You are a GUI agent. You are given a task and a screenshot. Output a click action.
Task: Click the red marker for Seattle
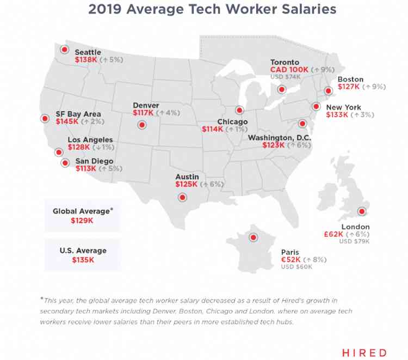pyautogui.click(x=64, y=50)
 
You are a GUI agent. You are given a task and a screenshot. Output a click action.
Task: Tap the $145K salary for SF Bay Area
pyautogui.click(x=67, y=121)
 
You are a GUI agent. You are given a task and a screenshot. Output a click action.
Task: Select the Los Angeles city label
pyautogui.click(x=90, y=140)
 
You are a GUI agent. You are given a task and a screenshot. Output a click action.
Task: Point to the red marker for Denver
pyautogui.click(x=142, y=125)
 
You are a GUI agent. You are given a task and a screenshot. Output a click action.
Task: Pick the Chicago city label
pyautogui.click(x=232, y=121)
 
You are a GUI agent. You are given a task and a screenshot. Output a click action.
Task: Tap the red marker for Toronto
pyautogui.click(x=281, y=89)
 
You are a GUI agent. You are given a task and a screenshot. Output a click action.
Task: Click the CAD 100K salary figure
pyautogui.click(x=289, y=70)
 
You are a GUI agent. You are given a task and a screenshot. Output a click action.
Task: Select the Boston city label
pyautogui.click(x=350, y=80)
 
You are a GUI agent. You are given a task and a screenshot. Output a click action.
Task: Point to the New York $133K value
pyautogui.click(x=337, y=115)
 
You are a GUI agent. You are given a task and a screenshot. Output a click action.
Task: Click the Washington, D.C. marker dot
pyautogui.click(x=303, y=124)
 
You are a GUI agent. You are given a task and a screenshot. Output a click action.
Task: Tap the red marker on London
pyautogui.click(x=360, y=212)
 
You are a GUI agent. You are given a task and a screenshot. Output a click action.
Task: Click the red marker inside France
pyautogui.click(x=252, y=237)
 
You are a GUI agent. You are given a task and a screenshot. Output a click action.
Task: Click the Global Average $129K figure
pyautogui.click(x=82, y=221)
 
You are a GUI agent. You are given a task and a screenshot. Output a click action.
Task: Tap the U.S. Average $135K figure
pyautogui.click(x=83, y=260)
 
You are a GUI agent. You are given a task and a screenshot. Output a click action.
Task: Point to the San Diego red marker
pyautogui.click(x=65, y=162)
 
